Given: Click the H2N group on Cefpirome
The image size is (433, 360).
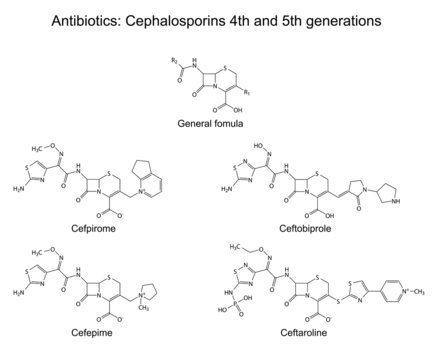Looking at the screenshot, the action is [29, 185].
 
